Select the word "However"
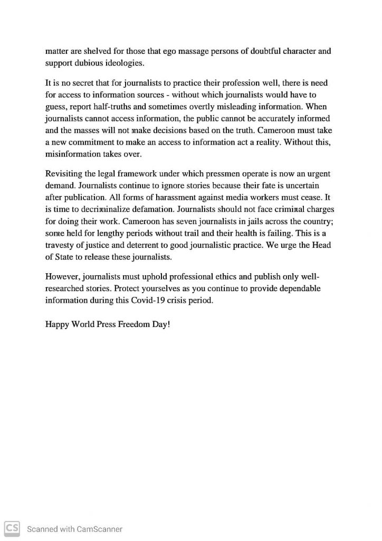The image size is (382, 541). (62, 277)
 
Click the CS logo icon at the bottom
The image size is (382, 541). (12, 528)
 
